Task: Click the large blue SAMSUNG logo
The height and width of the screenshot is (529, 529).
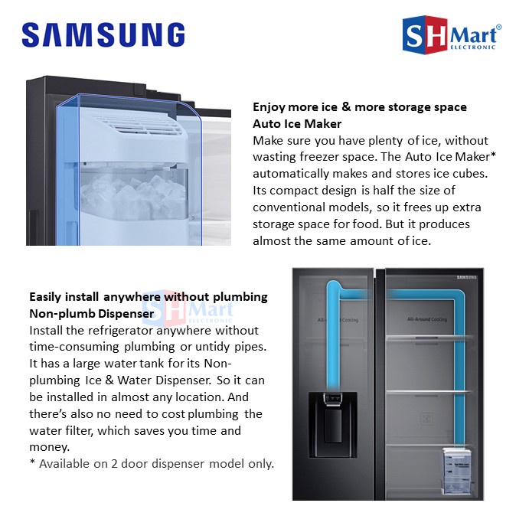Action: [x=103, y=35]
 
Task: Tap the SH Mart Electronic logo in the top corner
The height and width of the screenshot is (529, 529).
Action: [x=452, y=35]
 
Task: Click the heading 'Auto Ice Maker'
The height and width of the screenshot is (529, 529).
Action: [x=297, y=123]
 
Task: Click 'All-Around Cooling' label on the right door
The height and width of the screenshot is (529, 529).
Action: [x=428, y=318]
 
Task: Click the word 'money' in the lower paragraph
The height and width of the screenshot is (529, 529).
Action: [x=47, y=447]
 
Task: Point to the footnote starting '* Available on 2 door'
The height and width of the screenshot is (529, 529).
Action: [x=151, y=464]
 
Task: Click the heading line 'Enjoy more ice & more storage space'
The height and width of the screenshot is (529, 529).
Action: [x=359, y=107]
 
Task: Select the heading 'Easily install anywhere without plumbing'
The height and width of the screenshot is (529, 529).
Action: [x=148, y=296]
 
